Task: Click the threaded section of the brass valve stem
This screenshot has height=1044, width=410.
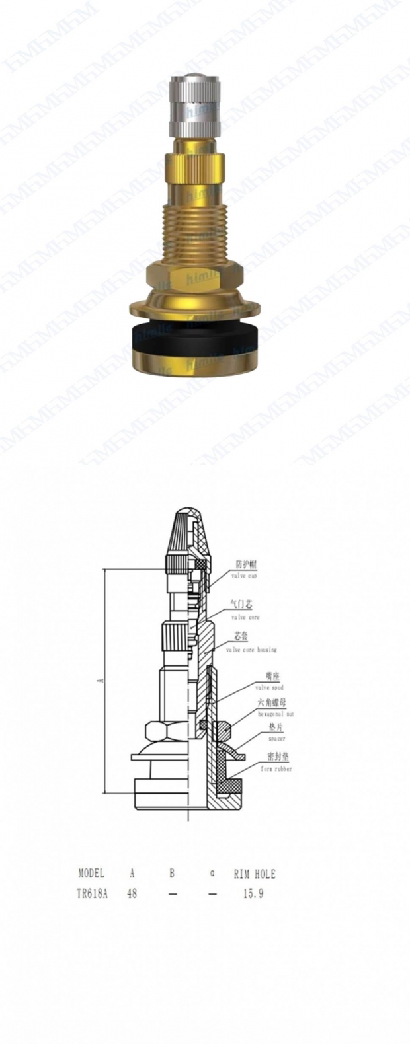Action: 196,231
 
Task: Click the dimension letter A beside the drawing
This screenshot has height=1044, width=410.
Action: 100,681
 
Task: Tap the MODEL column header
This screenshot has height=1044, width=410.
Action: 92,874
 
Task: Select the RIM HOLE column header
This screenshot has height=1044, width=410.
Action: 254,874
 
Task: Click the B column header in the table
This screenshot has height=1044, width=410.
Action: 172,874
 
